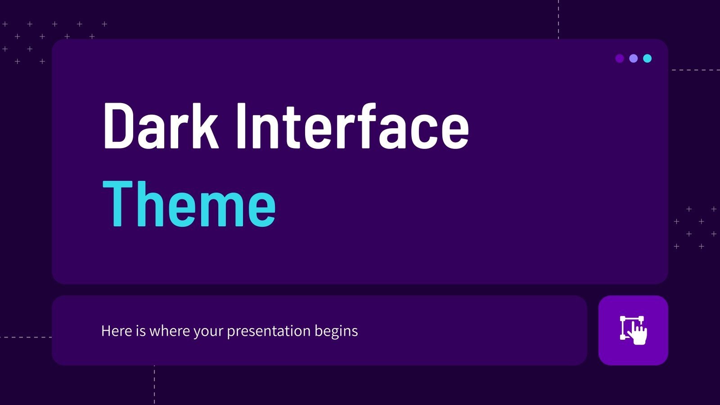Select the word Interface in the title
point(352,126)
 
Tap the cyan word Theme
point(189,204)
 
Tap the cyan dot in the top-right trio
point(647,58)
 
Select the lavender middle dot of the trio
point(633,58)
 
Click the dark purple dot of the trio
point(619,58)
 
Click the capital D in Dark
point(118,126)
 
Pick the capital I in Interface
point(241,126)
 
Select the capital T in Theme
point(118,204)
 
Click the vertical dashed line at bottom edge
point(154,385)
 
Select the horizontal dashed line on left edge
point(25,337)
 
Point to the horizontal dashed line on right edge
point(695,70)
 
